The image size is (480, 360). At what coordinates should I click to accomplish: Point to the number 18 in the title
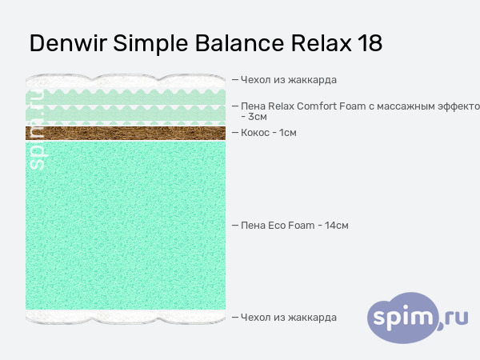click(x=370, y=43)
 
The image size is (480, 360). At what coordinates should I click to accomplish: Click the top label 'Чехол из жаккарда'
click(x=289, y=79)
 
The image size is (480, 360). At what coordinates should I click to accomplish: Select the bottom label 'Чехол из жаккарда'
click(x=289, y=318)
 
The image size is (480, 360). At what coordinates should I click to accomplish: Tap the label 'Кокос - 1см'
click(x=269, y=132)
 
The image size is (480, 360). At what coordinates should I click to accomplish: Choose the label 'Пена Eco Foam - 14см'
click(x=294, y=226)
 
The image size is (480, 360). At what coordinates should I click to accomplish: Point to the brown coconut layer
click(x=126, y=132)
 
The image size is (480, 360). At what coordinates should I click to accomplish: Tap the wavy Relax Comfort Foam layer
click(x=126, y=108)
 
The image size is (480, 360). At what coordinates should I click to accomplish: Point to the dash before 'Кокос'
click(x=234, y=132)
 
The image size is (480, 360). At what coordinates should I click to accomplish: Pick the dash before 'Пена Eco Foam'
click(x=234, y=226)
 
